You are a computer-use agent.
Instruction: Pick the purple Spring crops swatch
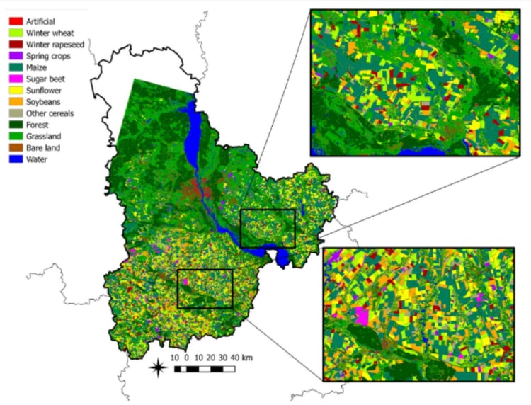[13, 56]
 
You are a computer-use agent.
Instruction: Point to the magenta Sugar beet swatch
[13, 79]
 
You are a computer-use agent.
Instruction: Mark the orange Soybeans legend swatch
[13, 102]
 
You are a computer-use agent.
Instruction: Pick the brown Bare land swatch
[13, 147]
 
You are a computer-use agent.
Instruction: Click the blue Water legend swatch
[13, 159]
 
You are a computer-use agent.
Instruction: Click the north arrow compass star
[161, 367]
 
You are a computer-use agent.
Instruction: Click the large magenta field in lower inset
[362, 316]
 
